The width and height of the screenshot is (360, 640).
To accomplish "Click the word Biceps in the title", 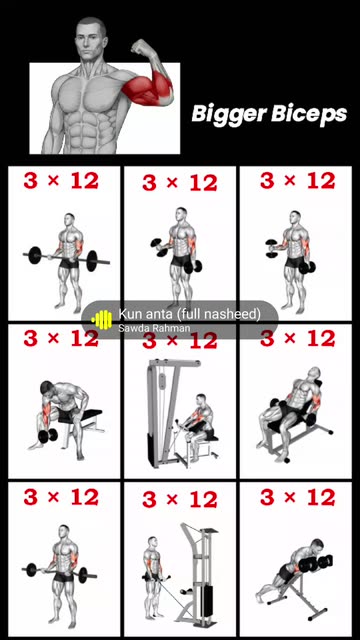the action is [309, 114].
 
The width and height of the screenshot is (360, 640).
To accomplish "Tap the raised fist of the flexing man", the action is [141, 46].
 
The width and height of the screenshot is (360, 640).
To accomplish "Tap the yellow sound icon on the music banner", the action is [102, 320].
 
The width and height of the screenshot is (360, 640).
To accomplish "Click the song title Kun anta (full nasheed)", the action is [189, 314].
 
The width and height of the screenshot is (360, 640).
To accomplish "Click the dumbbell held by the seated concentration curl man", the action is [48, 436].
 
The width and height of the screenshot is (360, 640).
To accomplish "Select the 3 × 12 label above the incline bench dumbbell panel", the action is [297, 339].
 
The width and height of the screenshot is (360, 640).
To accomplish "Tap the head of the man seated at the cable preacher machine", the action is [201, 400].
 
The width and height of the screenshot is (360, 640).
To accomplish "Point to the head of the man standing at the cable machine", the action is [153, 542].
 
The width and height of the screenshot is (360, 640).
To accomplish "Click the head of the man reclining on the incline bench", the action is [314, 374].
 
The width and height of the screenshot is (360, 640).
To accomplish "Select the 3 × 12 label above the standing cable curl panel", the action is [180, 500].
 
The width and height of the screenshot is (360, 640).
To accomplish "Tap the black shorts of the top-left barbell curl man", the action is [69, 263].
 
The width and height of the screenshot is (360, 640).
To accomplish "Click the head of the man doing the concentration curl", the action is [47, 389].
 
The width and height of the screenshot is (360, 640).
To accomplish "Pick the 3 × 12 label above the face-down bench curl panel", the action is [297, 498].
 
